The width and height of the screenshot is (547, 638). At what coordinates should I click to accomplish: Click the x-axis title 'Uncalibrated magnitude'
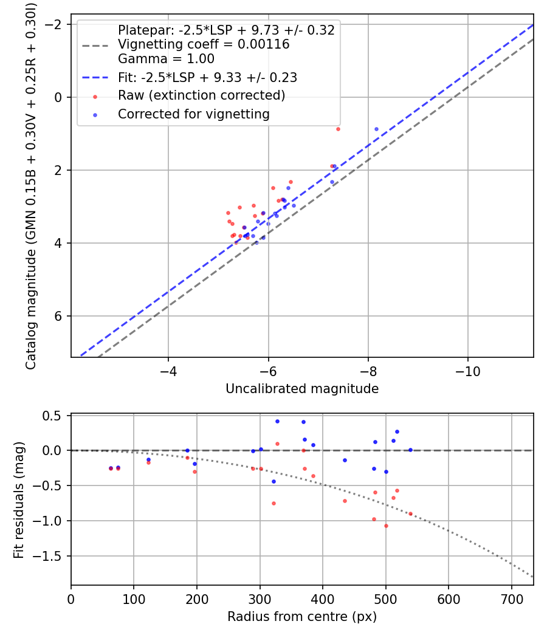[x=302, y=389]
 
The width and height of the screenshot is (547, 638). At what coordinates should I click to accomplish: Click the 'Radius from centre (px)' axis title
[x=302, y=617]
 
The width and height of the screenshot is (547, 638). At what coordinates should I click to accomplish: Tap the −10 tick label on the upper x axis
[x=467, y=370]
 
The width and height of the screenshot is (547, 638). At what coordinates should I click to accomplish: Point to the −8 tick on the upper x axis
[x=368, y=370]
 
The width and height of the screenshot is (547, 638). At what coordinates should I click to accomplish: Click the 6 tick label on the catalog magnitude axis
[x=59, y=316]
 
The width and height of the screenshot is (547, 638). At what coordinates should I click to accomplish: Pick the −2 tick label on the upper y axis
[x=55, y=24]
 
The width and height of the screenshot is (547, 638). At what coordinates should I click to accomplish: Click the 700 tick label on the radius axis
[x=511, y=599]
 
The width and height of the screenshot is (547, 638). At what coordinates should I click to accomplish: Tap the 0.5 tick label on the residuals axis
[x=55, y=416]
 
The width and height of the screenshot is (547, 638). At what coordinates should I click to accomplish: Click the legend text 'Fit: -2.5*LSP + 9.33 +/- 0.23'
[x=207, y=78]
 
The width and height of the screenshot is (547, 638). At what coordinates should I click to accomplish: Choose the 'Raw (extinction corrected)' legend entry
[x=201, y=95]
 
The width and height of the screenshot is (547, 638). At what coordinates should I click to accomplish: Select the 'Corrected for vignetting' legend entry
[x=194, y=114]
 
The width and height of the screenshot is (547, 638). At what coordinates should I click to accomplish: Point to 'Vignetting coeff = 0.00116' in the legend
[x=204, y=44]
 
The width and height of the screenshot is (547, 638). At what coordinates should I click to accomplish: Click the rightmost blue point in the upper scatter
[x=376, y=129]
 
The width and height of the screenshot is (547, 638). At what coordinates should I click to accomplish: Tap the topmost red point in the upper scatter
[x=338, y=129]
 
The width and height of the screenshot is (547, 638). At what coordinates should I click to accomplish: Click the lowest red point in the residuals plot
[x=386, y=526]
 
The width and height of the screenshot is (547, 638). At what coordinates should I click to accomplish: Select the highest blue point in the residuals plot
[x=277, y=421]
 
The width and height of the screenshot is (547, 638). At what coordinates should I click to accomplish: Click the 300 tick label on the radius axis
[x=260, y=599]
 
